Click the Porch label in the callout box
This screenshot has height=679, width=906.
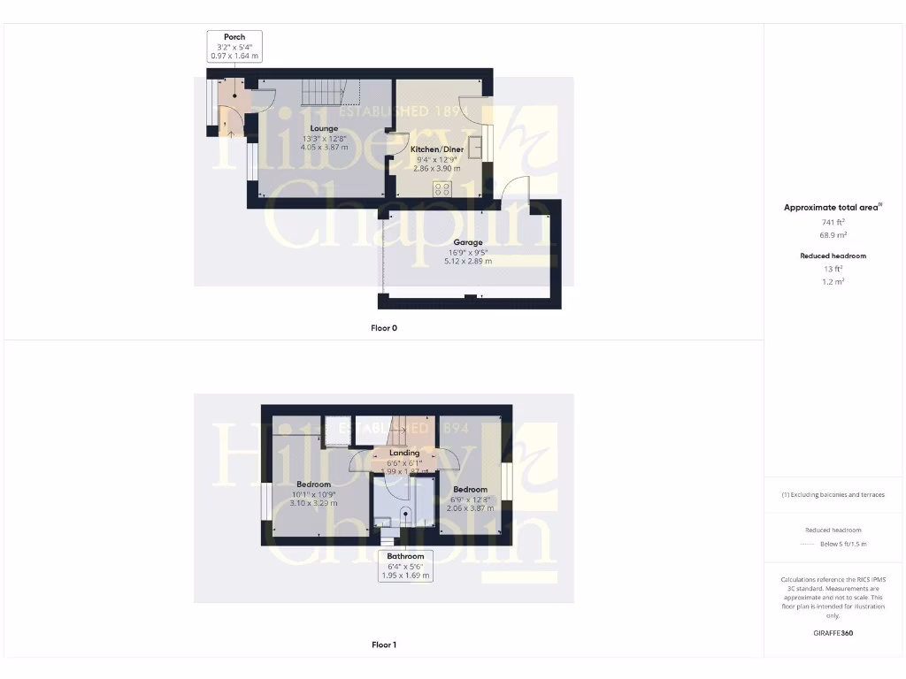234,37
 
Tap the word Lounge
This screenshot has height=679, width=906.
324,129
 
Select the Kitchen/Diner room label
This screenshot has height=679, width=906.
437,149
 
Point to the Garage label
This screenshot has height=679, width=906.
468,242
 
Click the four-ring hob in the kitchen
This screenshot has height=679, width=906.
441,188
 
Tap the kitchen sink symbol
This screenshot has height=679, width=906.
474,145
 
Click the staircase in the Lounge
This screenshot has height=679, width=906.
323,93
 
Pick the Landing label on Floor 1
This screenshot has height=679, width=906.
404,453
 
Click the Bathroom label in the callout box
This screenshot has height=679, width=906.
405,556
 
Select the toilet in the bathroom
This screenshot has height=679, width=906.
406,516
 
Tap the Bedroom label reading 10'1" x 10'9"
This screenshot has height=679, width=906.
313,484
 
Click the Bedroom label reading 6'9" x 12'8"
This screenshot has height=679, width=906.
470,489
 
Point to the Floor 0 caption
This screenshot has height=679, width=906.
383,328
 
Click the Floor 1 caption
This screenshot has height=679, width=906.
383,645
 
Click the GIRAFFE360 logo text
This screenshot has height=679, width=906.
833,633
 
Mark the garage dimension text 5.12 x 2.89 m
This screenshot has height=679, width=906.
468,262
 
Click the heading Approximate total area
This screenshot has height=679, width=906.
832,208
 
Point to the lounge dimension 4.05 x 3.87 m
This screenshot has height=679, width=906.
324,148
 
